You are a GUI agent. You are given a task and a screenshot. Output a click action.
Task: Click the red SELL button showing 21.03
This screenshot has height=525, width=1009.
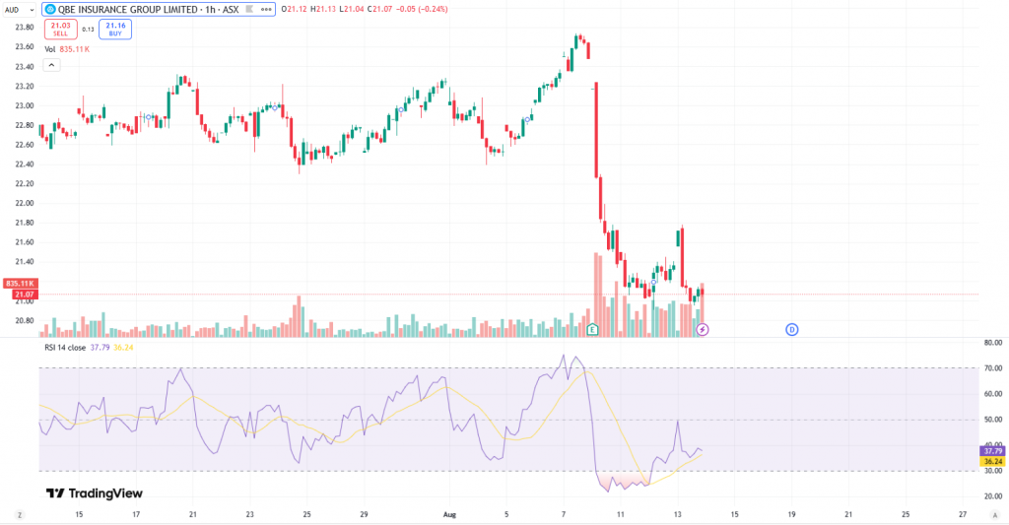pyautogui.click(x=61, y=29)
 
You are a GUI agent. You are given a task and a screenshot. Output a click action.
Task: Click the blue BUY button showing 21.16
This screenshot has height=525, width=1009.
pyautogui.click(x=115, y=29)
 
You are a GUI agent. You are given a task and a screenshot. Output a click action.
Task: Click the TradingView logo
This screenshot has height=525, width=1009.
pyautogui.click(x=95, y=493)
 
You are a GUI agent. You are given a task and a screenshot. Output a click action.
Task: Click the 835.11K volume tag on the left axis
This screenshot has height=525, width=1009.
pyautogui.click(x=20, y=284)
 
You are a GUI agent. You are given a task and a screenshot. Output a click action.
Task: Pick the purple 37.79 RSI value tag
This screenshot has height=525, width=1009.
pyautogui.click(x=993, y=451)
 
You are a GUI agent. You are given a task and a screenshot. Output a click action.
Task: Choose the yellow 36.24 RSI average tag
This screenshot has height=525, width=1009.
pyautogui.click(x=993, y=461)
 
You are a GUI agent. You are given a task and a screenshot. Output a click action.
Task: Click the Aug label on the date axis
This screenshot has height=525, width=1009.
pyautogui.click(x=449, y=514)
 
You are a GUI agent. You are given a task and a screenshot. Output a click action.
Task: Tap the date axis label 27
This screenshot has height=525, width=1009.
pyautogui.click(x=963, y=514)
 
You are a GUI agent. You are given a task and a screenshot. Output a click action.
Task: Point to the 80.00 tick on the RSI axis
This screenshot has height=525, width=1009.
pyautogui.click(x=993, y=343)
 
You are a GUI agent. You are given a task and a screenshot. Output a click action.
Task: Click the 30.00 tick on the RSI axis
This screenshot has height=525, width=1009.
pyautogui.click(x=993, y=471)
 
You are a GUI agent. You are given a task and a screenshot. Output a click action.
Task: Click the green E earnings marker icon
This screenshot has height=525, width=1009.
pyautogui.click(x=592, y=329)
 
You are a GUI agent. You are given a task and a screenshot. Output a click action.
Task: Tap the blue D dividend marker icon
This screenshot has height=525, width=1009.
pyautogui.click(x=791, y=329)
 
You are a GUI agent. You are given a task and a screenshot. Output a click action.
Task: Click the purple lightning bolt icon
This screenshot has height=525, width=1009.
pyautogui.click(x=703, y=329)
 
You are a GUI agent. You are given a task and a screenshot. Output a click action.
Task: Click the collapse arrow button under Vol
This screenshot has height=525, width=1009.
pyautogui.click(x=52, y=65)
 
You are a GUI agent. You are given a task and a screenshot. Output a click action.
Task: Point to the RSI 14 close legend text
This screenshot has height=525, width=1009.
pyautogui.click(x=64, y=347)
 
